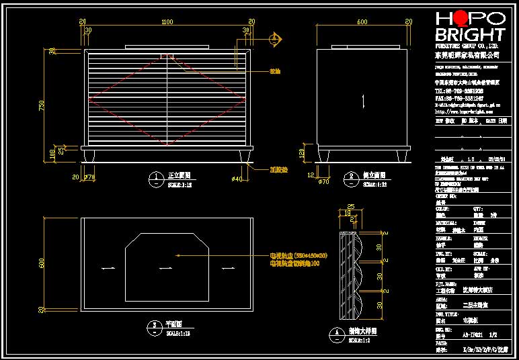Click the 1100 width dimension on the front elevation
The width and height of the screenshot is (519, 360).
167,22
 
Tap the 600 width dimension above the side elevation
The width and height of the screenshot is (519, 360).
363,22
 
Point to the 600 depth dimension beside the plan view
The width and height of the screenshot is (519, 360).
42,264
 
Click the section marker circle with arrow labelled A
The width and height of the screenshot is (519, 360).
276,39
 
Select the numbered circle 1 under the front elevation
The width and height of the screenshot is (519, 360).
155,178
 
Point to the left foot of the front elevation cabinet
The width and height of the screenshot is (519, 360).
89,157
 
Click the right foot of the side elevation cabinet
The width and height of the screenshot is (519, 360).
402,156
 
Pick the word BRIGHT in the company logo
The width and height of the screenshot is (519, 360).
470,34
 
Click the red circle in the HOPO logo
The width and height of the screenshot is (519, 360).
460,18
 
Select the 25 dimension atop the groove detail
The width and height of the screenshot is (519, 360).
350,207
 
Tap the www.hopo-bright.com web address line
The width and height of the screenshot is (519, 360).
464,111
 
